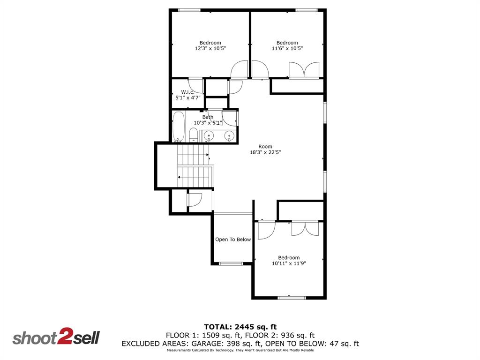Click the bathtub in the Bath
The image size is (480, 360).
[179, 127]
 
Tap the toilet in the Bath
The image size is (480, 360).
[193, 135]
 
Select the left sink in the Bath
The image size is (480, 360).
[209, 136]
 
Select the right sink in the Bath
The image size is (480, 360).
[229, 136]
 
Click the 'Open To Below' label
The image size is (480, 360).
[233, 240]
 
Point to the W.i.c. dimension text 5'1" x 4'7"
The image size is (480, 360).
[187, 98]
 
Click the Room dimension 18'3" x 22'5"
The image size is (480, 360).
[265, 152]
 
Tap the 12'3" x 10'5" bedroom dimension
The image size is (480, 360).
[210, 48]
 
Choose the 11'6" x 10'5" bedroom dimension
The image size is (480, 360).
[287, 48]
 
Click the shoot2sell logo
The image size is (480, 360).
[56, 337]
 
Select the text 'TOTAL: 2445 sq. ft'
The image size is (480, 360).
[240, 327]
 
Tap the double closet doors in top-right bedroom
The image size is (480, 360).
[304, 70]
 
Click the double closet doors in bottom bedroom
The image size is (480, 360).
[305, 228]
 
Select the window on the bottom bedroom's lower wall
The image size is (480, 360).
[292, 297]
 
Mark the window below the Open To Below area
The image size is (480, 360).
[231, 263]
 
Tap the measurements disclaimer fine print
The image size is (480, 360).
[240, 350]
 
